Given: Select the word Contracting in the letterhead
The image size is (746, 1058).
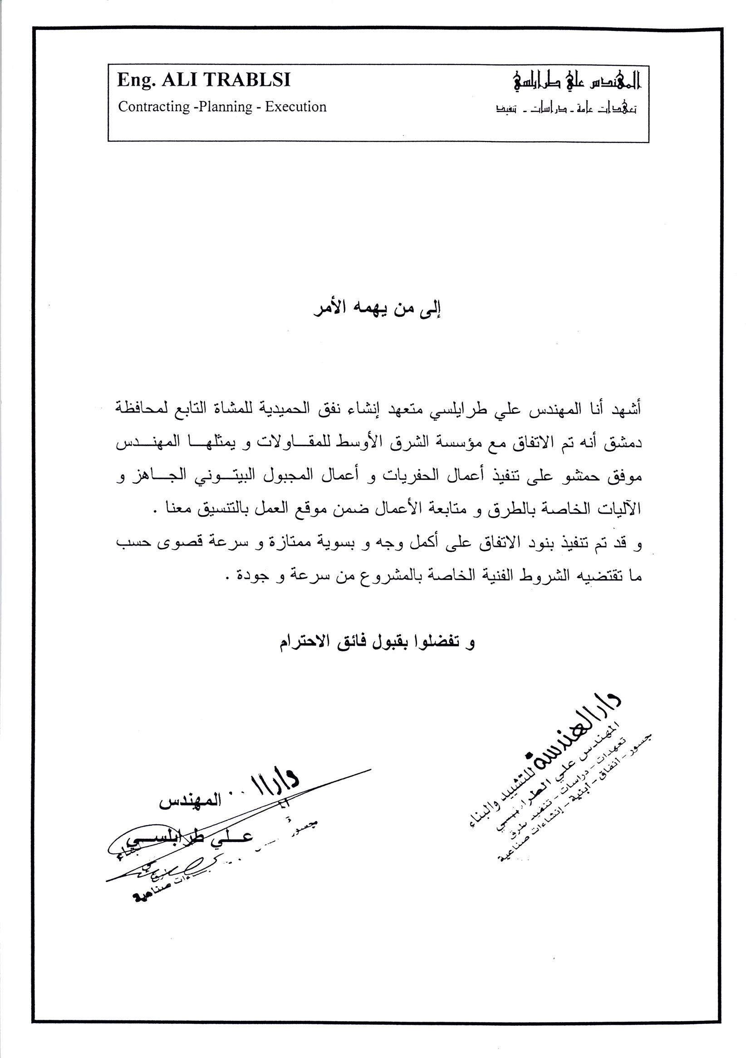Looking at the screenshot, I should [x=153, y=107].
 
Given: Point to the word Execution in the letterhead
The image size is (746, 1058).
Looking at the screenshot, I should [x=295, y=107].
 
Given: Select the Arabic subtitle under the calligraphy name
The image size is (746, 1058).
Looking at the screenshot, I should [x=566, y=110].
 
